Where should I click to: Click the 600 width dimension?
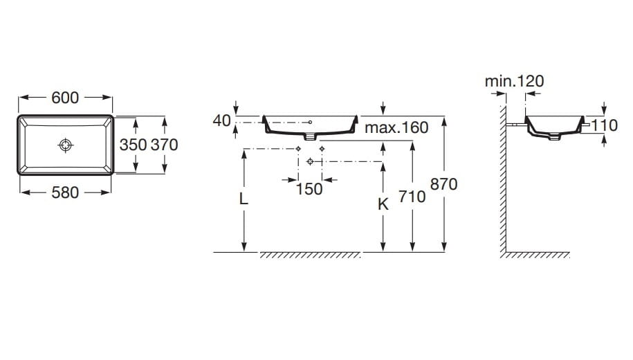tap(65, 98)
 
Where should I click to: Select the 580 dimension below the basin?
tap(65, 192)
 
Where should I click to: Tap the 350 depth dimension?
tap(133, 145)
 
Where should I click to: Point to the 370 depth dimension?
tap(165, 145)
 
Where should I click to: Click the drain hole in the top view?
tap(66, 145)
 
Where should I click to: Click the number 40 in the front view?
tap(221, 120)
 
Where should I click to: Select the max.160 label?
tap(396, 127)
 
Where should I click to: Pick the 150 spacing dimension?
tap(309, 189)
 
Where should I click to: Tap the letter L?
tap(244, 199)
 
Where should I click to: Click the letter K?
tap(383, 204)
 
